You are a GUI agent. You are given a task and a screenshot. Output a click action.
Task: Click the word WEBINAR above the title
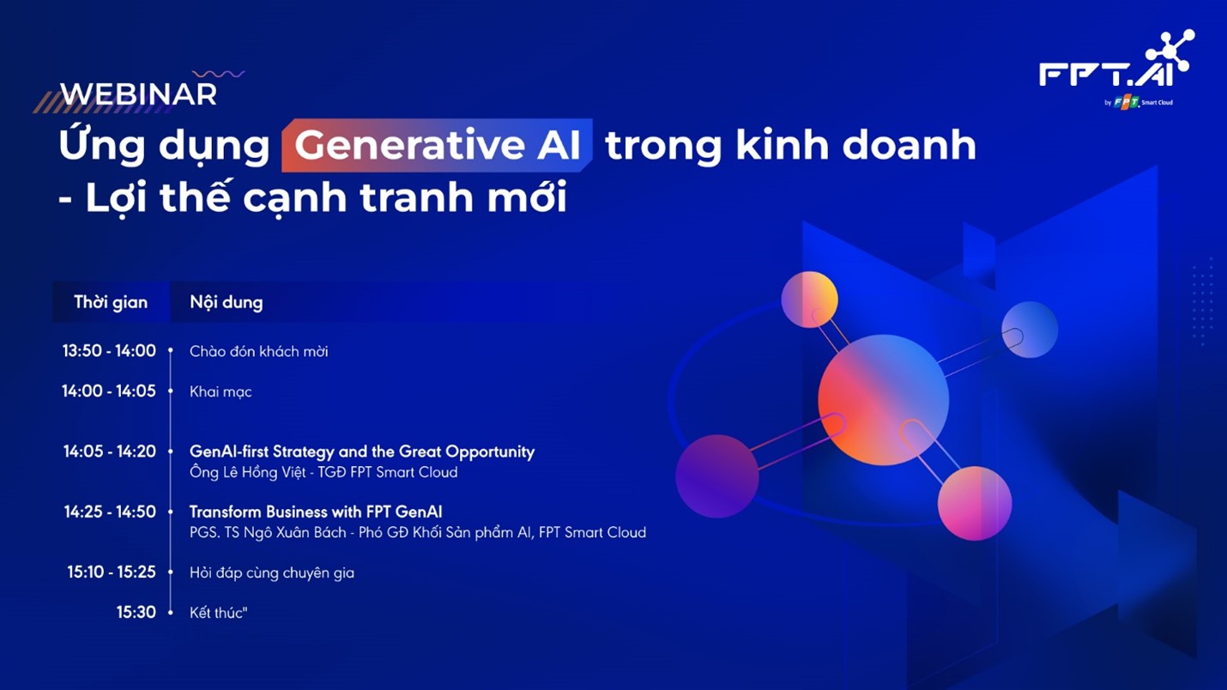138,94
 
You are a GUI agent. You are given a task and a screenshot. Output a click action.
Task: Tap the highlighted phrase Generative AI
437,145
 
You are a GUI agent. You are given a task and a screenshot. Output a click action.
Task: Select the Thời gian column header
111,302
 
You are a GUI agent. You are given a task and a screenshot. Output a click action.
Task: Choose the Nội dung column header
227,302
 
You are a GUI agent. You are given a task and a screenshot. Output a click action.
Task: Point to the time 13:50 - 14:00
109,351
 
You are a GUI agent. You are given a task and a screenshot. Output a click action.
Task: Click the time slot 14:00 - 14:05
109,391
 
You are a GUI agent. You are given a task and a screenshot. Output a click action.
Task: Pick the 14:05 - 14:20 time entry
110,451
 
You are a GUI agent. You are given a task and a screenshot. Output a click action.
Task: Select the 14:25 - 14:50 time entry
110,512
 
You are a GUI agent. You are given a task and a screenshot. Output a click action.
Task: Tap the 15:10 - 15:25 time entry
112,572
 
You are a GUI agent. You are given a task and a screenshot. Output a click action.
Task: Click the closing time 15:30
136,613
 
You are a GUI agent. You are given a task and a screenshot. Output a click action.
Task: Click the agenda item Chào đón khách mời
258,352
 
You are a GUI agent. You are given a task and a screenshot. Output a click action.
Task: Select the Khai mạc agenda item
221,392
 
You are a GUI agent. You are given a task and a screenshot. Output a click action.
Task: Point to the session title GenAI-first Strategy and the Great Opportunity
361,451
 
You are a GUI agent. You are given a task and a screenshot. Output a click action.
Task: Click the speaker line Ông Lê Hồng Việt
323,473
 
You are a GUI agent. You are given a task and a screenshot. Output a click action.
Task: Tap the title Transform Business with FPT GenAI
316,512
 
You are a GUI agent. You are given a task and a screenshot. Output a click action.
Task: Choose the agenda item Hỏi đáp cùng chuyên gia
271,573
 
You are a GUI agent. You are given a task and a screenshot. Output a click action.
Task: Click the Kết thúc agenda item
218,613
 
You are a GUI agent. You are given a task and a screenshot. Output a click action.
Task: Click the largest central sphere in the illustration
883,400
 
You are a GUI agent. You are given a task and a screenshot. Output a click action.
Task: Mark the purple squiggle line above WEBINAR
219,75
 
